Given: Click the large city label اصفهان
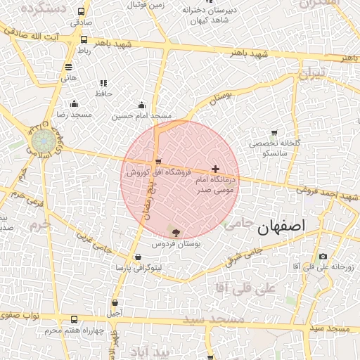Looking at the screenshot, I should tap(282, 226).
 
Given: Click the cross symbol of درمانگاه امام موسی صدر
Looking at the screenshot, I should tap(215, 169).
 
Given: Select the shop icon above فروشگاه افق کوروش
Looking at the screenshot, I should tap(158, 161).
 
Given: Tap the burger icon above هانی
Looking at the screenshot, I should tap(68, 67).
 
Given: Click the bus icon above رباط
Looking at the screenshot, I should tap(84, 40).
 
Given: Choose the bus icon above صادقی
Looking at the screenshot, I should tap(82, 12).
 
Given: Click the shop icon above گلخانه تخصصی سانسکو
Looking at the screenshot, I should tap(274, 132).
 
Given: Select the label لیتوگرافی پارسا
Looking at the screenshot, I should tap(139, 269).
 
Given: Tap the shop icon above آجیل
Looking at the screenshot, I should tap(115, 303).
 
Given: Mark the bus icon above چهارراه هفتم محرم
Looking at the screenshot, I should tap(75, 320).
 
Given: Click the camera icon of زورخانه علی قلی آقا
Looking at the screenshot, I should tap(323, 257).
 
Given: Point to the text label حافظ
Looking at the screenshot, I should tap(103, 94).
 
